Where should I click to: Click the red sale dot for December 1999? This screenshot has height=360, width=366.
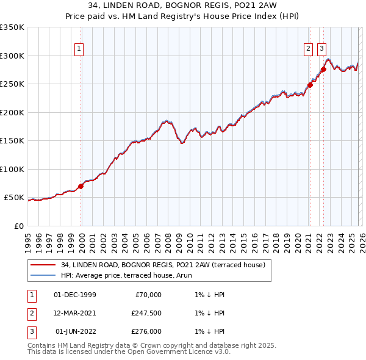point(81,186)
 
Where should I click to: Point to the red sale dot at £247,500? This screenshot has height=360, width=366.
point(310,85)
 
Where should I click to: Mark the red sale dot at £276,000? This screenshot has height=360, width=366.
point(323,69)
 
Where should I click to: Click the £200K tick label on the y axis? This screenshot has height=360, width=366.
point(12,112)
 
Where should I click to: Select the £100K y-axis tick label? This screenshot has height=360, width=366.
point(12,169)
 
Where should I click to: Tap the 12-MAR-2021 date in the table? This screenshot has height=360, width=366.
point(74,313)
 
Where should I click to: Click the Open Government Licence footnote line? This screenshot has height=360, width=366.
point(129,352)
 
